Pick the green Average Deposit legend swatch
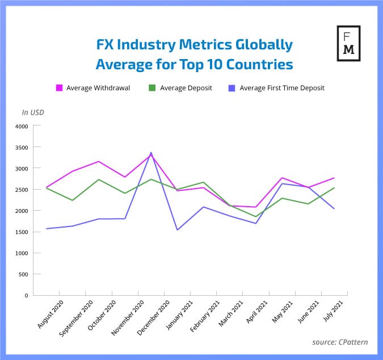152,88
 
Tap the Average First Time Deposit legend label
282,88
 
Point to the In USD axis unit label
33,112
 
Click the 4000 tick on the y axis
21,126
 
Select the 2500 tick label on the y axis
21,190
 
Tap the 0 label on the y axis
26,295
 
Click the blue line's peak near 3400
151,152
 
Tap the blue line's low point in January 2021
177,230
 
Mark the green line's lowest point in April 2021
256,216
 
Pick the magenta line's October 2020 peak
99,161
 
